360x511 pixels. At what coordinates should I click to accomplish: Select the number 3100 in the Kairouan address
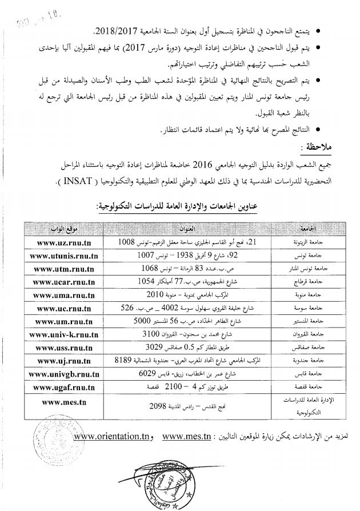click(151, 334)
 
